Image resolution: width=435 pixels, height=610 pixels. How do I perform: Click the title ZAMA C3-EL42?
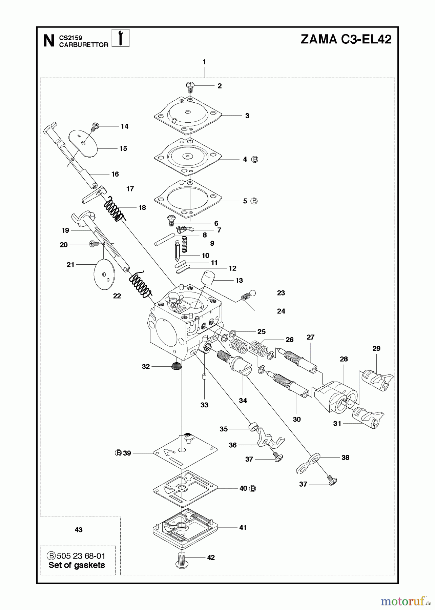346,39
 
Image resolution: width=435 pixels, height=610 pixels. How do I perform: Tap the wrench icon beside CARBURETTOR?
120,38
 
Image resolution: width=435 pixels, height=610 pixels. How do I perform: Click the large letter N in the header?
49,41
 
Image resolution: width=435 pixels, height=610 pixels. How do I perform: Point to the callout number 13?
239,280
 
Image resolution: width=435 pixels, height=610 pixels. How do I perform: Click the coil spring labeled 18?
113,209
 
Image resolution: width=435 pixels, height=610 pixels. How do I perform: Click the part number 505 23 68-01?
81,556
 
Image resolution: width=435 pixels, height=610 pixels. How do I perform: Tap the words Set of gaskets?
77,565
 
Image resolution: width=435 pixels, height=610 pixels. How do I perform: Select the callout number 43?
78,530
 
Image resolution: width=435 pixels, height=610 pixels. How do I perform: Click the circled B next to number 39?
118,453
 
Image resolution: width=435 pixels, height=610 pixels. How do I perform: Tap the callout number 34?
243,400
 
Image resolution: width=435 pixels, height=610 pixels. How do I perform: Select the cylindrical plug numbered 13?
208,278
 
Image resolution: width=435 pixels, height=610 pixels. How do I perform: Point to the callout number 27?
310,337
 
